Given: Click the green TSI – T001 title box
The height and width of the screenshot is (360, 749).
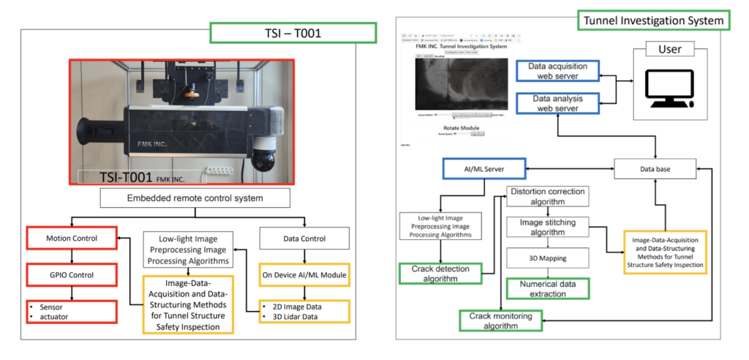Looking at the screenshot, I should (x=293, y=33).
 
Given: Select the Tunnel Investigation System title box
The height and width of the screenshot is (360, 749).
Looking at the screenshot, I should (x=654, y=20).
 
